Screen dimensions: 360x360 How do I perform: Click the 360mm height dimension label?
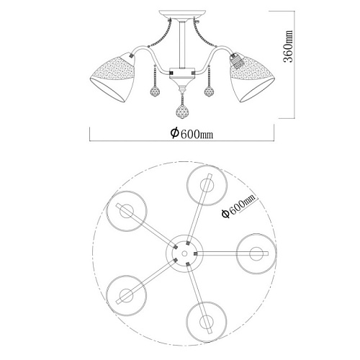pyautogui.click(x=288, y=46)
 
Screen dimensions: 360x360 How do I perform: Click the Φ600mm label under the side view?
pyautogui.click(x=192, y=133)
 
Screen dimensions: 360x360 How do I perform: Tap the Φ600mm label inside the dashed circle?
pyautogui.click(x=238, y=206)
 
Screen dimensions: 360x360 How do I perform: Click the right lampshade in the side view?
pyautogui.click(x=252, y=77)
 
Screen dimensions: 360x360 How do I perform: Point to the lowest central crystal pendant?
pyautogui.click(x=183, y=112)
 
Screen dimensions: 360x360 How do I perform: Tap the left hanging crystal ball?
pyautogui.click(x=156, y=91)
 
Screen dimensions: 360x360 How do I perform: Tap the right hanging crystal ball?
pyautogui.click(x=210, y=91)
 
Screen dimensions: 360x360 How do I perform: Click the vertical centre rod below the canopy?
pyautogui.click(x=182, y=45)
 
